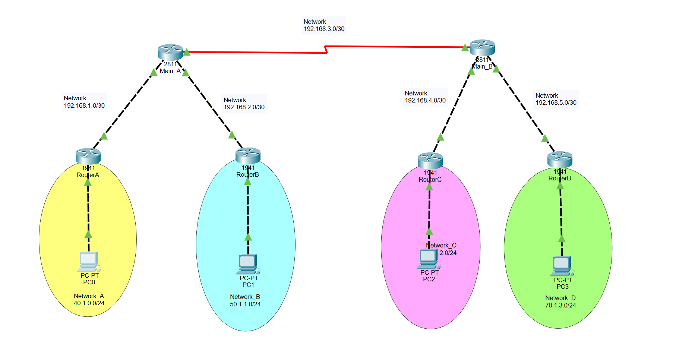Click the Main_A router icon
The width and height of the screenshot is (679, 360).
(170, 52)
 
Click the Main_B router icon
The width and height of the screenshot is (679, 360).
(482, 48)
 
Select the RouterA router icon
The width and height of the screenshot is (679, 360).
(88, 156)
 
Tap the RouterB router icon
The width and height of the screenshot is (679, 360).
(248, 155)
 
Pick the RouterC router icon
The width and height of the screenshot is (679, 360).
(430, 160)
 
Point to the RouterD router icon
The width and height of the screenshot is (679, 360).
(560, 159)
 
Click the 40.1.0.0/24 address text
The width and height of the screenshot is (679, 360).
(89, 303)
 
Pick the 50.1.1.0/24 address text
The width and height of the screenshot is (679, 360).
(245, 304)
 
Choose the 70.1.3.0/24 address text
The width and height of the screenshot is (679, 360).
(560, 306)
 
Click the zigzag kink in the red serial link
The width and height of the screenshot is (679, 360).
(326, 50)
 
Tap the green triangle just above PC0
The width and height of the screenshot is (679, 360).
(88, 234)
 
